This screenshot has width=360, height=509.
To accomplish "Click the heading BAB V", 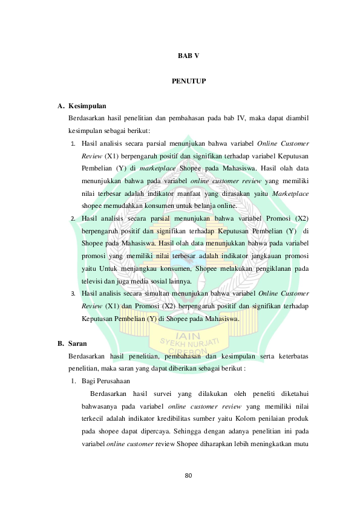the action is click(188, 56).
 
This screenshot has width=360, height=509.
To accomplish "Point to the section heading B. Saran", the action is click(72, 343).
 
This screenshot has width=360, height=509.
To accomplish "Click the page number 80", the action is click(188, 476).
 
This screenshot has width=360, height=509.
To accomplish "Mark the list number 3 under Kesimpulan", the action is click(73, 293).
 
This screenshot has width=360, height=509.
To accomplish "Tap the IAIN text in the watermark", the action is click(188, 336).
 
